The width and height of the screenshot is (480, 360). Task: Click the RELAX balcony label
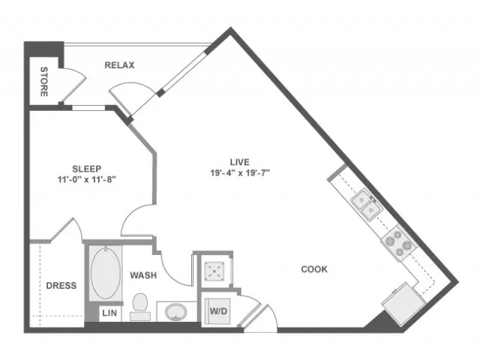[119, 65]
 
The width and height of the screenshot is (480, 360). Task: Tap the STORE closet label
[44, 82]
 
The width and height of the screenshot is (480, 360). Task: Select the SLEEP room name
[87, 169]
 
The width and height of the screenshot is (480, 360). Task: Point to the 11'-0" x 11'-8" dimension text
[87, 179]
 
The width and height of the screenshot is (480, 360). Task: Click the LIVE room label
[240, 162]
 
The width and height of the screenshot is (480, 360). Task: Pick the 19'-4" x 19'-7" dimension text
[240, 173]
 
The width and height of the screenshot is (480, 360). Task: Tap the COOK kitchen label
[314, 269]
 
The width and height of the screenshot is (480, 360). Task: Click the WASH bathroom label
[143, 275]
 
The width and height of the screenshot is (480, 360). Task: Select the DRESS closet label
[61, 286]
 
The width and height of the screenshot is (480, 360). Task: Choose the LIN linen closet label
[109, 313]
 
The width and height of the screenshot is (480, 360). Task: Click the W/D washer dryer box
[218, 311]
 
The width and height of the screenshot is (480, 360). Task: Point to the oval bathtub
[106, 273]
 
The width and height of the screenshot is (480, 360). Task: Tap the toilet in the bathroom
[140, 307]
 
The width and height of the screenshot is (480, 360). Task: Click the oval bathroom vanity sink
[175, 312]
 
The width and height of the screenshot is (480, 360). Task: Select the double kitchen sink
[367, 205]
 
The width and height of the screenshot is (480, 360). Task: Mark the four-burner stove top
[398, 243]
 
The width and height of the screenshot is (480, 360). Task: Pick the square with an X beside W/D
[214, 271]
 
